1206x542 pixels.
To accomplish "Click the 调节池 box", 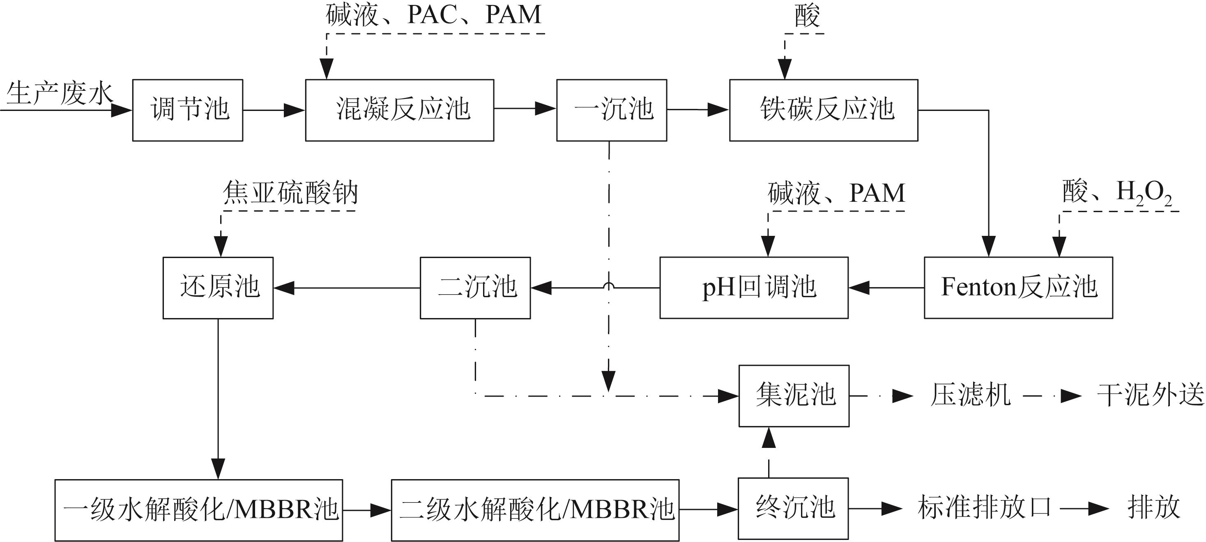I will coord(187,110).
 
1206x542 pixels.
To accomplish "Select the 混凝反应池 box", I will coord(399,110).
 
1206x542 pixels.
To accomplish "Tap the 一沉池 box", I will coord(612,110).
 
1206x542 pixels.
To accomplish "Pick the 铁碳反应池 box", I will coord(824,110).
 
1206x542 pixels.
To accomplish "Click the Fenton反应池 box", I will coord(1018,288).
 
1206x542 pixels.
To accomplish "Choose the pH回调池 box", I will coord(754,288).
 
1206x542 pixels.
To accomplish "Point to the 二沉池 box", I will coord(475,288).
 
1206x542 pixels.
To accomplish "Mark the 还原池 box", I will coord(218,288).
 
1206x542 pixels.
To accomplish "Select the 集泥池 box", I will coord(794,396).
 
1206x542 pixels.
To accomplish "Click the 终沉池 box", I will coord(794,508).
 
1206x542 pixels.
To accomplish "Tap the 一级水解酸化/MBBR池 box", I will coord(198,510).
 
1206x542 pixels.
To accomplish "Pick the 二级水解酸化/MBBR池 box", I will coord(535,510).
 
